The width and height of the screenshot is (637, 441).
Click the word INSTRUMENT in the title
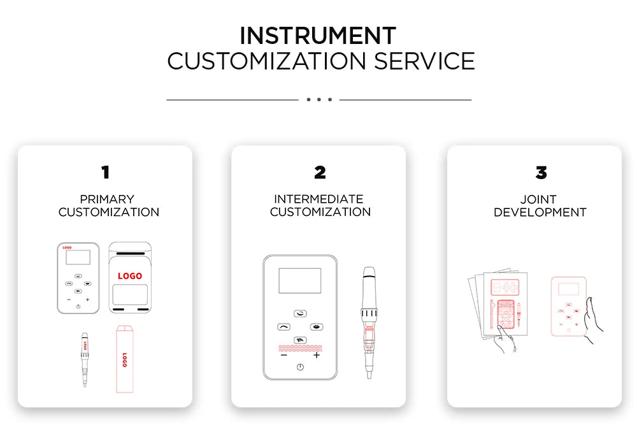coord(318,35)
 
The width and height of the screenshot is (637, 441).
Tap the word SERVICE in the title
coord(424,61)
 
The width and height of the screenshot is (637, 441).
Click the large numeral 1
coord(105,172)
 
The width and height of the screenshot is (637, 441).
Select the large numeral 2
coord(320,172)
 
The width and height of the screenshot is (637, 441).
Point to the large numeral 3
coord(541,172)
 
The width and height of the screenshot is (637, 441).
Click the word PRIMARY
coord(107,199)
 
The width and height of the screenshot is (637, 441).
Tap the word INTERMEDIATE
coord(318,199)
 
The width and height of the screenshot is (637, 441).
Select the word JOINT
coord(538,199)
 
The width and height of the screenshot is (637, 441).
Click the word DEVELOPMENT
coord(540,212)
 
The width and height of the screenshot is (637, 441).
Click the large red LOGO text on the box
coord(130,276)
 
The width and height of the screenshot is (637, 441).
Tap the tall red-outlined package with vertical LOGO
coord(125,359)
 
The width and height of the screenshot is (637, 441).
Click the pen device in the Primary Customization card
coord(85,359)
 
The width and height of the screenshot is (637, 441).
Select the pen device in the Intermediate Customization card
coord(369,322)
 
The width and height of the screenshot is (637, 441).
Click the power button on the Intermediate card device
coord(300,367)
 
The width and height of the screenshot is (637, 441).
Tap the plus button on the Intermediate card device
coord(317,355)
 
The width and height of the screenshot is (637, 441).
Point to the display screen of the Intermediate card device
coord(300,280)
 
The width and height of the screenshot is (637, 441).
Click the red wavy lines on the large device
coord(300,349)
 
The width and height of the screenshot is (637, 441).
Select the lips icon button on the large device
coord(317,327)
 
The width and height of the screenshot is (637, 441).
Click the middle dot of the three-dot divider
coord(319,99)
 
